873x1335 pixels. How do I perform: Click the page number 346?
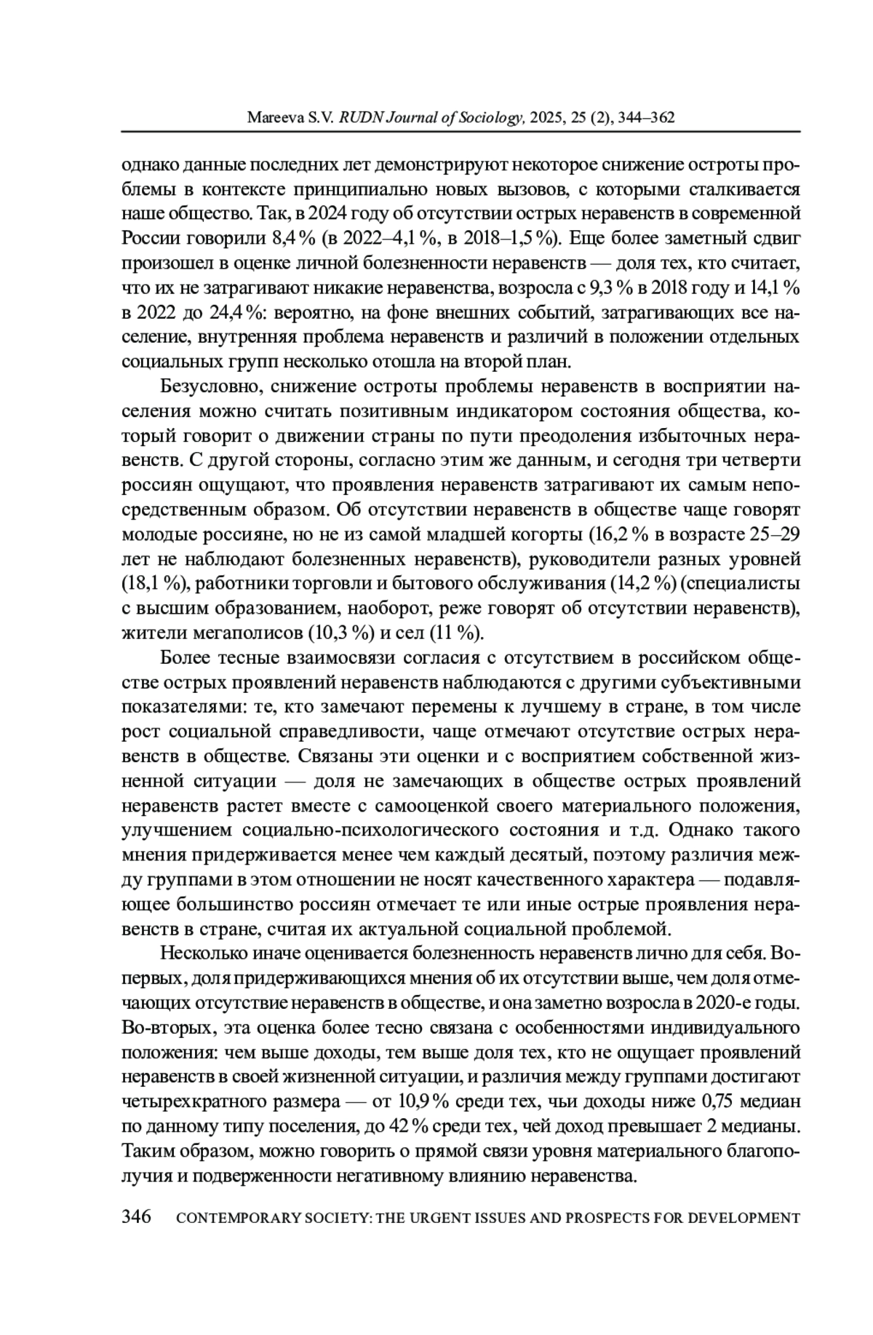pos(136,1217)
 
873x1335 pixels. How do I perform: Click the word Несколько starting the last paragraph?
pos(201,953)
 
